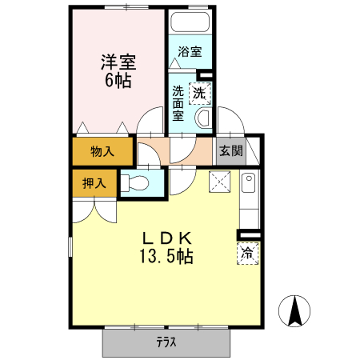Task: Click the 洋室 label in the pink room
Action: tap(118, 62)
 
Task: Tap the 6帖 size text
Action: tap(118, 81)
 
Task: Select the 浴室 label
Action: tap(190, 52)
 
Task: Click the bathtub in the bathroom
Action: tap(190, 22)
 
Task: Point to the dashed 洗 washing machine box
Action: tap(200, 94)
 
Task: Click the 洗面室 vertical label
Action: tap(178, 103)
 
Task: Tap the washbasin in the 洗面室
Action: tap(204, 118)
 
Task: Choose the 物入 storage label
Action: tap(102, 151)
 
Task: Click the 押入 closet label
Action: tap(94, 183)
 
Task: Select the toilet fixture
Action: tap(134, 183)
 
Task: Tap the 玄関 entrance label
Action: tap(231, 151)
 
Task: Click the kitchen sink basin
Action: tap(249, 182)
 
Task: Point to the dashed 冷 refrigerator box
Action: tap(248, 254)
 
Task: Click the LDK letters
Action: tap(167, 238)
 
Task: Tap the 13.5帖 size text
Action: tap(166, 256)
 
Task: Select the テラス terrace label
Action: tap(166, 342)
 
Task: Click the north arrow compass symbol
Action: tap(294, 311)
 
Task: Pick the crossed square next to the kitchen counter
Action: tap(220, 182)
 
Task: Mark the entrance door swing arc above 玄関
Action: tap(231, 120)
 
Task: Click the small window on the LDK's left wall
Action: tap(70, 247)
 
